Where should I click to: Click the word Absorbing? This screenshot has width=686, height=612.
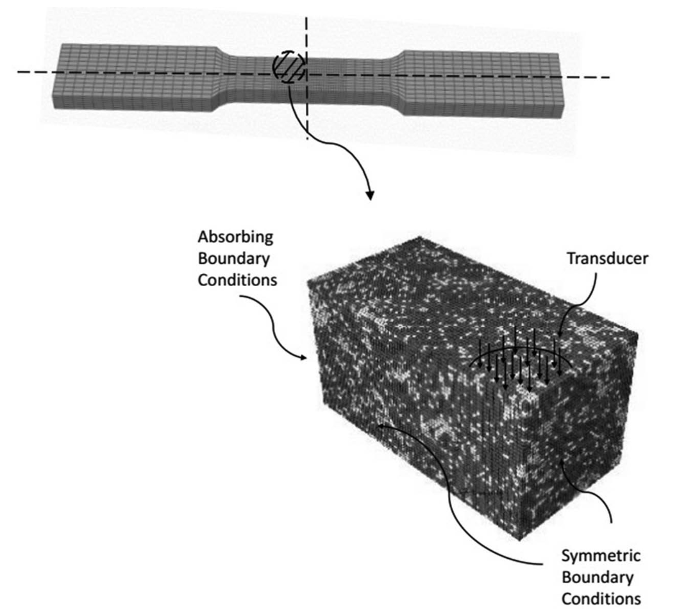tap(235, 237)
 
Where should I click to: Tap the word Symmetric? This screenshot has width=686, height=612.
tap(601, 555)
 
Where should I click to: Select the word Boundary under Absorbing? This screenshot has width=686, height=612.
tap(234, 260)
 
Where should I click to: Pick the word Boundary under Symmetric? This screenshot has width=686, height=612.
tap(598, 577)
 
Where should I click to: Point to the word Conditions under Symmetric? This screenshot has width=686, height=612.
tap(601, 599)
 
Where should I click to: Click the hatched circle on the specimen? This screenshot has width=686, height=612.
tap(289, 66)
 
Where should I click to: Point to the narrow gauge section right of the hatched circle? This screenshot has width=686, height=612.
tap(346, 75)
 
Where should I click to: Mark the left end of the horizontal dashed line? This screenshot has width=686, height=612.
tap(19, 72)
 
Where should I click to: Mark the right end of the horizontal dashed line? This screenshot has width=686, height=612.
tap(608, 78)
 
